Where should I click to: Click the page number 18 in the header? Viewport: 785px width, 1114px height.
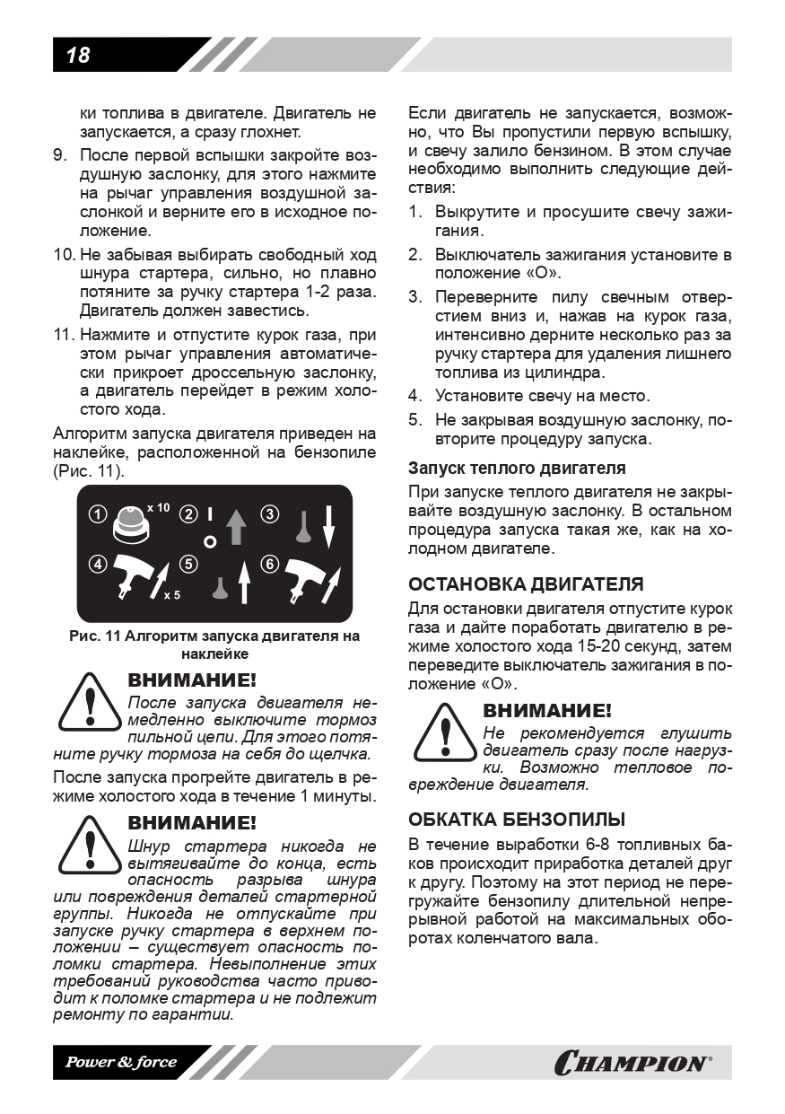coord(78,55)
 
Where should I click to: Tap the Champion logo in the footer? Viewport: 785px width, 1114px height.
coord(632,1063)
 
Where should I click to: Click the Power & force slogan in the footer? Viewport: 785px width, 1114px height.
coord(120,1063)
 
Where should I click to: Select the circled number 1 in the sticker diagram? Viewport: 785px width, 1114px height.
coord(98,515)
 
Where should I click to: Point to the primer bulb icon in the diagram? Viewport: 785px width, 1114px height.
coord(130,523)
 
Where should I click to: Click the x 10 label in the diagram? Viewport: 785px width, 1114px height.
coord(157,508)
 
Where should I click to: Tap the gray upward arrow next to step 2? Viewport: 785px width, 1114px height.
coord(237,526)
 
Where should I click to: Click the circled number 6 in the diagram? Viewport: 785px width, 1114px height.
coord(269,565)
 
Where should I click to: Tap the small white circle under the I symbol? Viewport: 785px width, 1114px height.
coord(209,541)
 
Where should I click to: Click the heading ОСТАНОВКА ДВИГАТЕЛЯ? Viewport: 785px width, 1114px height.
coord(526,584)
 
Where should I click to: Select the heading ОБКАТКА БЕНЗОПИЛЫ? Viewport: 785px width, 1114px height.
coord(517,820)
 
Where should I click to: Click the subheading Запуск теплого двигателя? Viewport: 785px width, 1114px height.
coord(517,469)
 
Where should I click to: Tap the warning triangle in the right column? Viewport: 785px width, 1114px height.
coord(442,732)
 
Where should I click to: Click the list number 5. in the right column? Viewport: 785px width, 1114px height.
coord(415,419)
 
